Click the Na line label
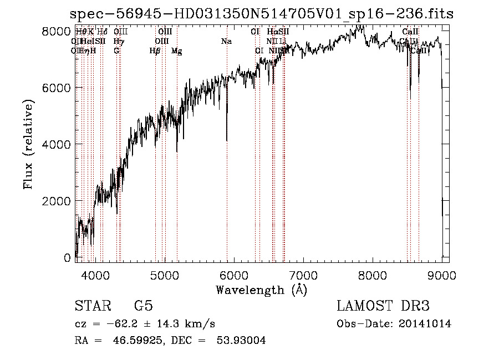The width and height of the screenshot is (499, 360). [x=226, y=41]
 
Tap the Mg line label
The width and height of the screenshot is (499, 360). [x=176, y=51]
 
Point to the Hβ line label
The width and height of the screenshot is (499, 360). [x=155, y=51]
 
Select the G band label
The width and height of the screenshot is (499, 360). [x=116, y=50]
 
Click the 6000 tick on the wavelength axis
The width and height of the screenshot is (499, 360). [x=233, y=274]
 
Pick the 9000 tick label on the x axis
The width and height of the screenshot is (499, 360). [x=442, y=274]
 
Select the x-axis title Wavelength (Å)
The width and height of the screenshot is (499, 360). [x=261, y=289]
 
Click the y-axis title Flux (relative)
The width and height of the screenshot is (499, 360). [x=28, y=144]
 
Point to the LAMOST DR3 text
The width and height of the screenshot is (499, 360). [x=383, y=306]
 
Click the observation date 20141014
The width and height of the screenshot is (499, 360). [x=425, y=324]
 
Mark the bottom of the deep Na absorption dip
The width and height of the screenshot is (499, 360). [x=226, y=141]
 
